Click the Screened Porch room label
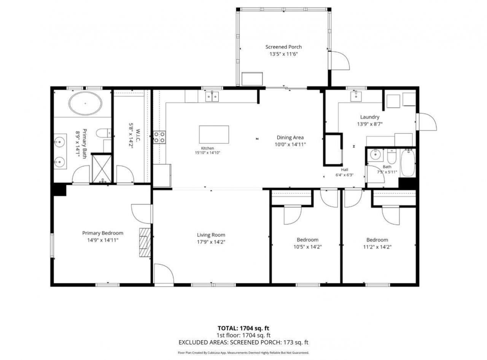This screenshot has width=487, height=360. pyautogui.click(x=283, y=47)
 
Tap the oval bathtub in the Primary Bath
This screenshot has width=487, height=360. pyautogui.click(x=85, y=103)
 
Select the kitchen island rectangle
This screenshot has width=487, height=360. pyautogui.click(x=214, y=135)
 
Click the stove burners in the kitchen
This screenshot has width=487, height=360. pyautogui.click(x=159, y=137)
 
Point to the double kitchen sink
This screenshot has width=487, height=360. pyautogui.click(x=212, y=97)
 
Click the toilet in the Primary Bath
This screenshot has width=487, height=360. pyautogui.click(x=103, y=133)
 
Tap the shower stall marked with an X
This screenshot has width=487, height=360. pyautogui.click(x=102, y=168)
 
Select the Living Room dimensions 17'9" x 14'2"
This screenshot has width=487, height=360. pyautogui.click(x=211, y=242)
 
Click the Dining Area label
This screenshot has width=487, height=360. pyautogui.click(x=290, y=138)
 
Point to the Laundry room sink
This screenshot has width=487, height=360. pyautogui.click(x=356, y=96)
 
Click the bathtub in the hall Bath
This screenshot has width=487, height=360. pyautogui.click(x=408, y=163)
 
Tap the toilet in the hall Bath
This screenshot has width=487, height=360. pyautogui.click(x=392, y=156)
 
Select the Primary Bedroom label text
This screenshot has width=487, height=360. pyautogui.click(x=103, y=233)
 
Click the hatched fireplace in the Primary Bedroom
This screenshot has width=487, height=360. pyautogui.click(x=145, y=243)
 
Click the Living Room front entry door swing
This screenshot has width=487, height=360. pyautogui.click(x=164, y=274)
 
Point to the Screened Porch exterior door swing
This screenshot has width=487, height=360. pyautogui.click(x=340, y=60)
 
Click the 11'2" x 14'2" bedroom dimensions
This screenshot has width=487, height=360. pyautogui.click(x=377, y=247)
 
